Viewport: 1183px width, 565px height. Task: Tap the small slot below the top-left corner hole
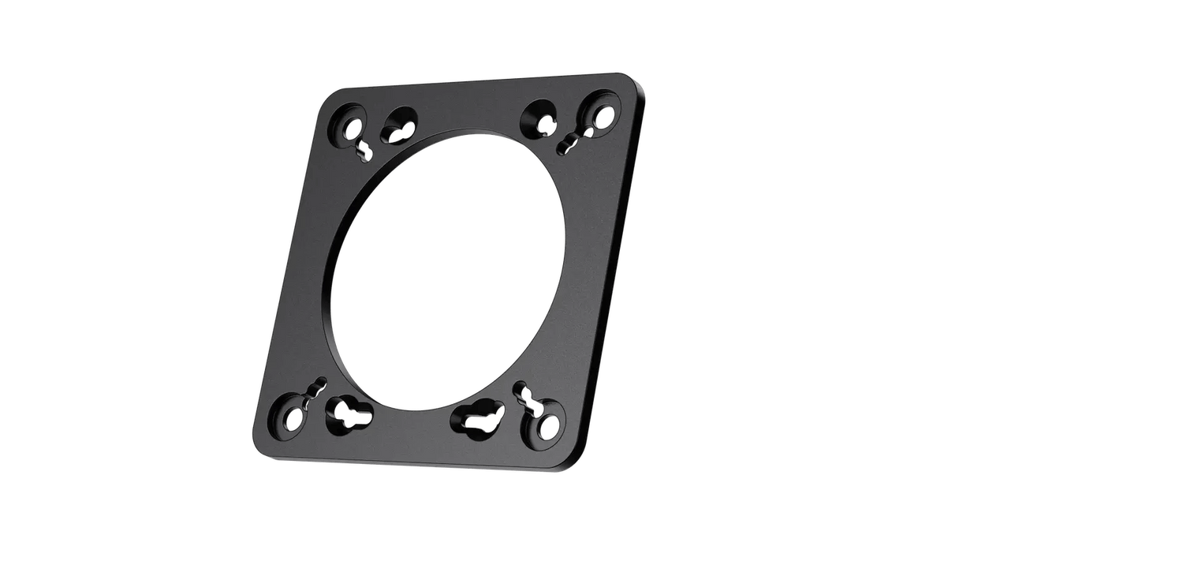[363, 147]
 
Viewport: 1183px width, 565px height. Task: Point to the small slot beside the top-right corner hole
[569, 142]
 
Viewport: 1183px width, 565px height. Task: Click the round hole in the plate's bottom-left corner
[293, 415]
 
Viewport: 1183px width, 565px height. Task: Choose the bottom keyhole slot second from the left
[346, 413]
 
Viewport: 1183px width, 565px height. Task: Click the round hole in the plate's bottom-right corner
[545, 426]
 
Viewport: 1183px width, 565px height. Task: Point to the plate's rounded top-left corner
[331, 98]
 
